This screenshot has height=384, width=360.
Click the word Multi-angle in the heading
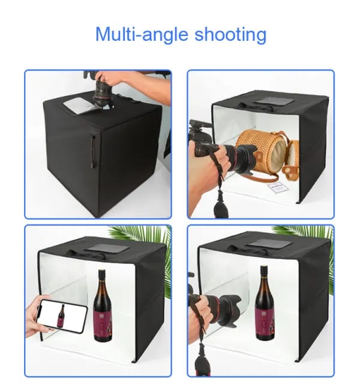tap(142, 34)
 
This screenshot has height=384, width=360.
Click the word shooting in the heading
tap(230, 34)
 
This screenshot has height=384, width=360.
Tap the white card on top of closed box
tap(79, 106)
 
